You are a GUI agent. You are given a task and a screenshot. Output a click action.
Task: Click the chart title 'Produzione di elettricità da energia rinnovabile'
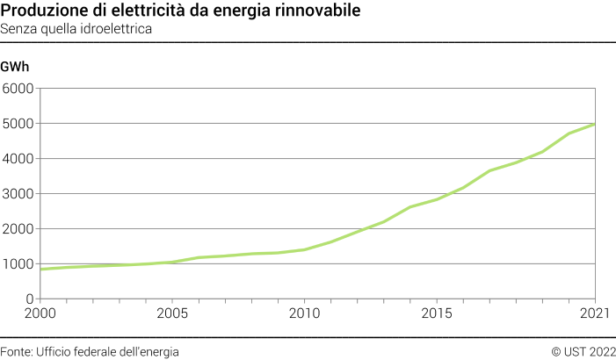click(179, 11)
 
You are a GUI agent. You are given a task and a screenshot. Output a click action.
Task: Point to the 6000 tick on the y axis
click(18, 89)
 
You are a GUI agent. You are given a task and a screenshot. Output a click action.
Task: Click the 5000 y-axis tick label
click(18, 124)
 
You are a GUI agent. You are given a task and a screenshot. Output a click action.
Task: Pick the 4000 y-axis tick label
click(18, 159)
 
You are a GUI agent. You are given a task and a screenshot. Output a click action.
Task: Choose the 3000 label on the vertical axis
click(18, 194)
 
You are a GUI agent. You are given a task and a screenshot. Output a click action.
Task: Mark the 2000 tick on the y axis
click(18, 229)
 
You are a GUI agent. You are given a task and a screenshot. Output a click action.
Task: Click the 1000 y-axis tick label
click(18, 264)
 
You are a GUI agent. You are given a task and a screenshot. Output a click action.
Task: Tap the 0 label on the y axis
click(29, 299)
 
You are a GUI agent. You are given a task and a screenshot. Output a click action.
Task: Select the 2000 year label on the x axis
click(40, 313)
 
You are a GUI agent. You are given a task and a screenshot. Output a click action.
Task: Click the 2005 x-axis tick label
click(172, 313)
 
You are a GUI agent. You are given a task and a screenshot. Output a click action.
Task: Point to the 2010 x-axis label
click(304, 313)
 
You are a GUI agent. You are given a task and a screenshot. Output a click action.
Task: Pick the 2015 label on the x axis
click(437, 313)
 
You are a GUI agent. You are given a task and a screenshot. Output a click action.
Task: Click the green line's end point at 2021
click(595, 124)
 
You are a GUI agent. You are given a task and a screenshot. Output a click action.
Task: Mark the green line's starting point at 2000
click(40, 269)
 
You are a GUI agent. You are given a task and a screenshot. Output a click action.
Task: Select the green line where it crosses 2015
click(437, 199)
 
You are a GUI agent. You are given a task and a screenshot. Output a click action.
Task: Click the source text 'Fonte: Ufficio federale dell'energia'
click(90, 351)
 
